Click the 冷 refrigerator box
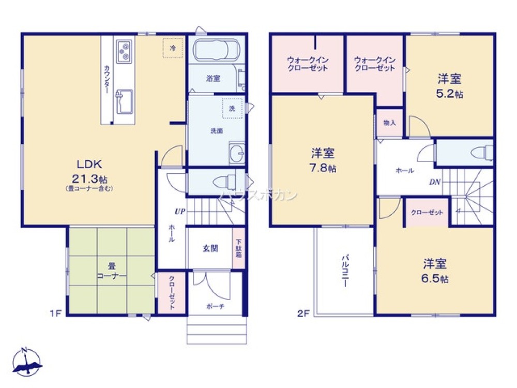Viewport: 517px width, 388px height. pyautogui.click(x=173, y=48)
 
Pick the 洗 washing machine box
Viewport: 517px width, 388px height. pyautogui.click(x=232, y=108)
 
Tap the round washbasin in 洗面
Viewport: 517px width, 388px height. pyautogui.click(x=237, y=153)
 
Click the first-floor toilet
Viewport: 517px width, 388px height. pyautogui.click(x=226, y=182)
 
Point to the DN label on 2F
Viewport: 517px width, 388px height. pyautogui.click(x=434, y=182)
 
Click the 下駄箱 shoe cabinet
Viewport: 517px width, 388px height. pyautogui.click(x=239, y=249)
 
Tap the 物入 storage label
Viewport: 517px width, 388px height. pyautogui.click(x=389, y=123)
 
